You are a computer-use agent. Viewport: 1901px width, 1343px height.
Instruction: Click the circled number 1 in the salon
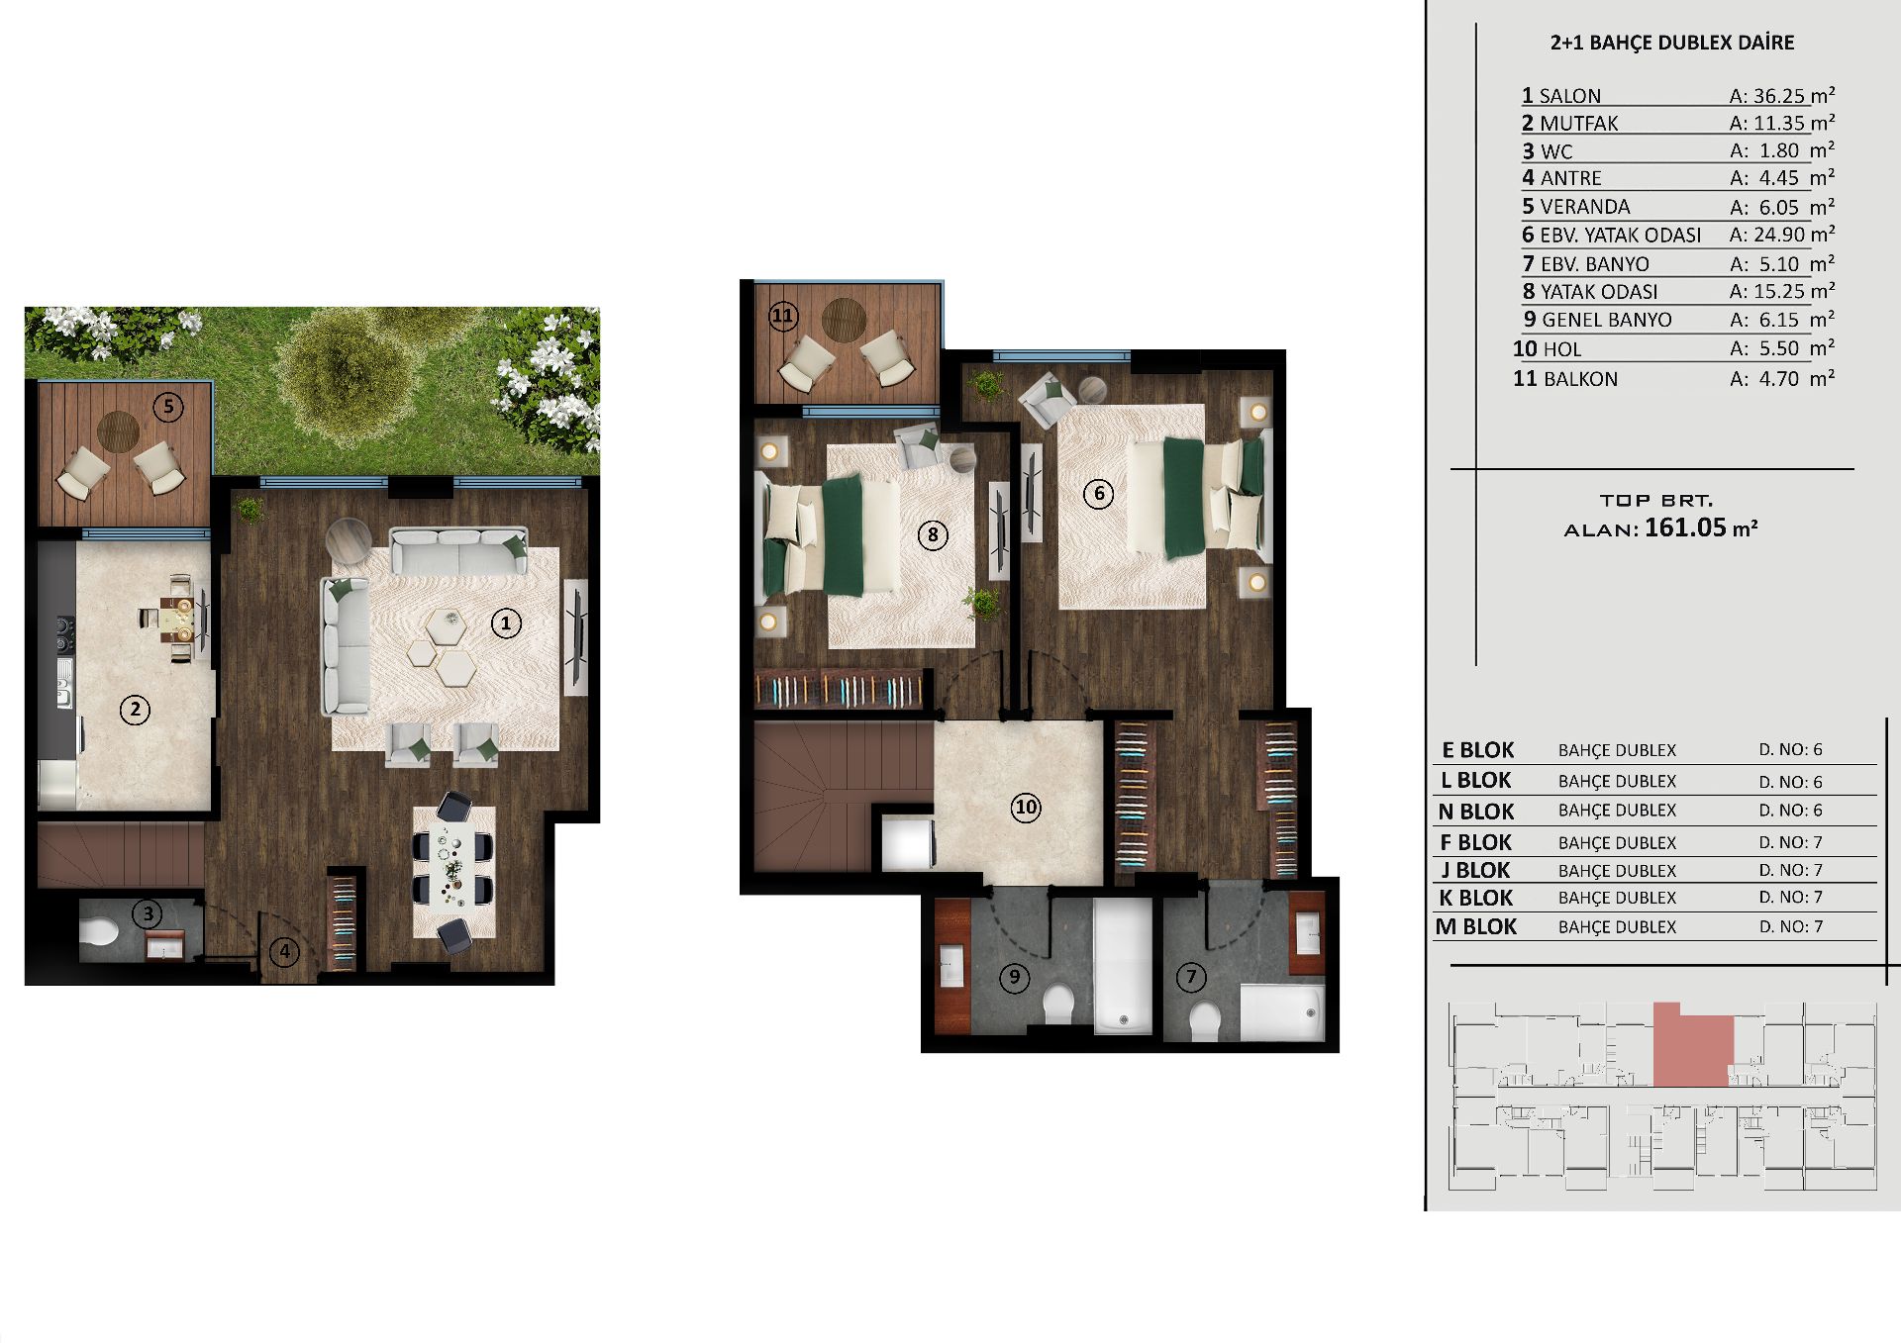(x=506, y=624)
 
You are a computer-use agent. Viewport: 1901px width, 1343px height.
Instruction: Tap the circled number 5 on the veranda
(x=168, y=406)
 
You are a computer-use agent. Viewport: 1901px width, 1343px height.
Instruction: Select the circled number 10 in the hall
(x=1026, y=808)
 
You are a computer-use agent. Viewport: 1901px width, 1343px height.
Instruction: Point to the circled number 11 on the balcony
(x=782, y=317)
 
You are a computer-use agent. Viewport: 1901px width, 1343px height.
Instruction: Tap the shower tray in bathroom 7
(x=1281, y=1011)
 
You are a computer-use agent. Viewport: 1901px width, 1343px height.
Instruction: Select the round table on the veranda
(x=118, y=431)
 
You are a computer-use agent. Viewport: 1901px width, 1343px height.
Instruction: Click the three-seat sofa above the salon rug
(x=458, y=550)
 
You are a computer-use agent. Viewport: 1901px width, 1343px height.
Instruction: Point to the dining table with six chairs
(x=453, y=870)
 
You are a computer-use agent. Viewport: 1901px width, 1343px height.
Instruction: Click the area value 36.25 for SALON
(x=1780, y=96)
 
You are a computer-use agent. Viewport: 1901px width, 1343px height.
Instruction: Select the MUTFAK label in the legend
(x=1579, y=124)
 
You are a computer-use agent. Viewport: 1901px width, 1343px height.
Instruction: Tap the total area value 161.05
(x=1685, y=528)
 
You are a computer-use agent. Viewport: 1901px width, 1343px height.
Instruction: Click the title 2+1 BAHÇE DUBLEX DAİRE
(x=1672, y=43)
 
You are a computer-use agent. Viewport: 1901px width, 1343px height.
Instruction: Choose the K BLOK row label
(x=1476, y=898)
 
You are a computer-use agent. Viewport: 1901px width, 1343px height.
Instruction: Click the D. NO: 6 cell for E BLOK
(x=1790, y=750)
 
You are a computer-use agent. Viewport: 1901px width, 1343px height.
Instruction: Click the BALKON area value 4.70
(x=1779, y=379)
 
